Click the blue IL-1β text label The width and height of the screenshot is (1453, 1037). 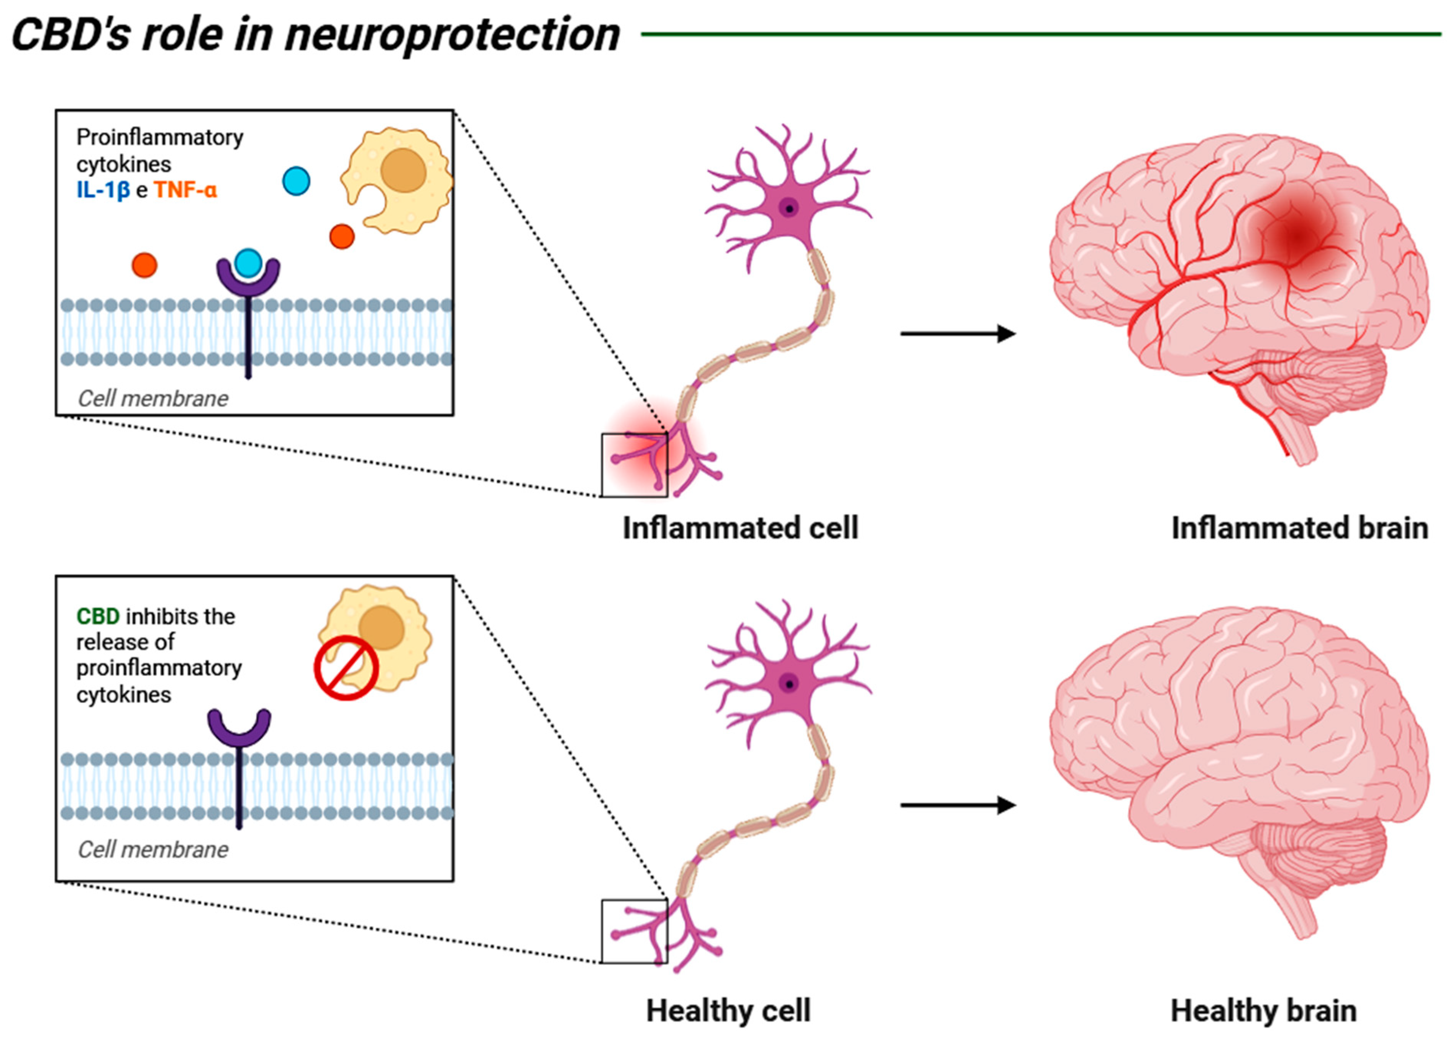coord(103,190)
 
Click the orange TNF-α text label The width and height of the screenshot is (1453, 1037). coord(185,190)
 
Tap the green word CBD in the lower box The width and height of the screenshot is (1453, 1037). coord(98,616)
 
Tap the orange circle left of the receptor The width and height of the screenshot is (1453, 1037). coord(144,264)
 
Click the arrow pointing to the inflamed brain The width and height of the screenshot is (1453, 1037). coord(958,333)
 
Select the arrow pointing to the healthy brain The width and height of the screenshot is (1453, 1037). coord(958,805)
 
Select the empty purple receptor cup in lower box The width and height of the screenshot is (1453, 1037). coord(239,728)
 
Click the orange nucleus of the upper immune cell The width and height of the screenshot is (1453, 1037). coord(403,171)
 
